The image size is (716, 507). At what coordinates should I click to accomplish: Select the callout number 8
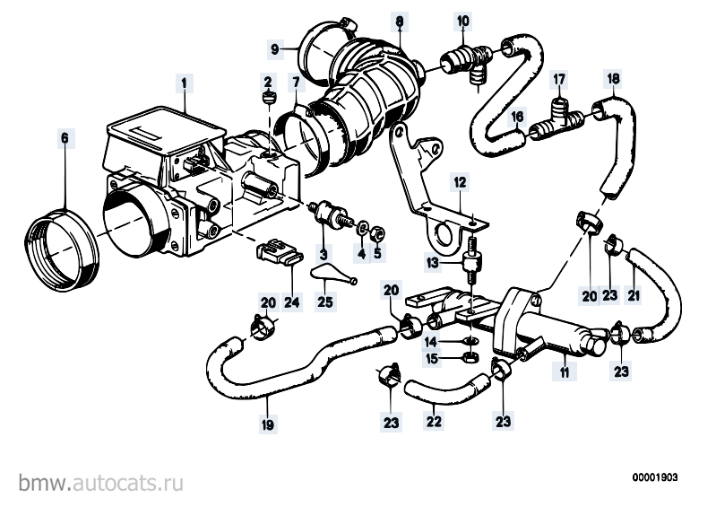tap(401, 20)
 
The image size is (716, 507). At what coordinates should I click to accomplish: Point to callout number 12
tap(458, 182)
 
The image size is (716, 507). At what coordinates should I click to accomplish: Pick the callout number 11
tap(564, 371)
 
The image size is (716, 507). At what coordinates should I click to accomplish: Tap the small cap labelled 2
tap(267, 97)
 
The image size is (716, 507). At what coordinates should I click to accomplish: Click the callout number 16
tap(517, 117)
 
